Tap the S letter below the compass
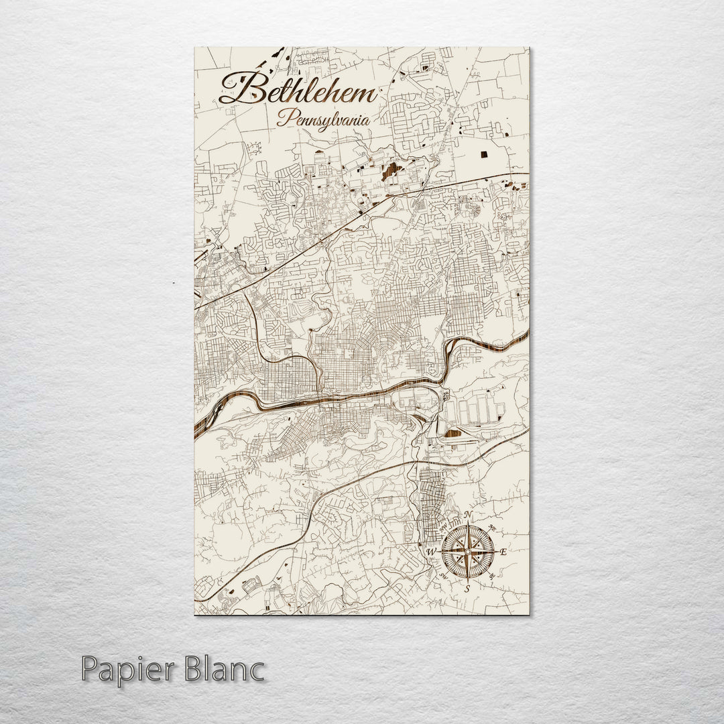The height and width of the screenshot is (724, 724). click(467, 588)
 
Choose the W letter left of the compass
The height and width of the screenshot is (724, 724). click(431, 552)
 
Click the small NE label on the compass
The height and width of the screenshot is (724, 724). click(493, 526)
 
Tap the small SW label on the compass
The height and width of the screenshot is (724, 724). click(443, 575)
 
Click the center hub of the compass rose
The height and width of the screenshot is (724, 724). click(468, 551)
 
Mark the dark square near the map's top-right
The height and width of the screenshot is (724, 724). click(484, 154)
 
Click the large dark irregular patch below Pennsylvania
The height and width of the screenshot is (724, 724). click(389, 173)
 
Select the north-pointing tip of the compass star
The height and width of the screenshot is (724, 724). click(468, 527)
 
